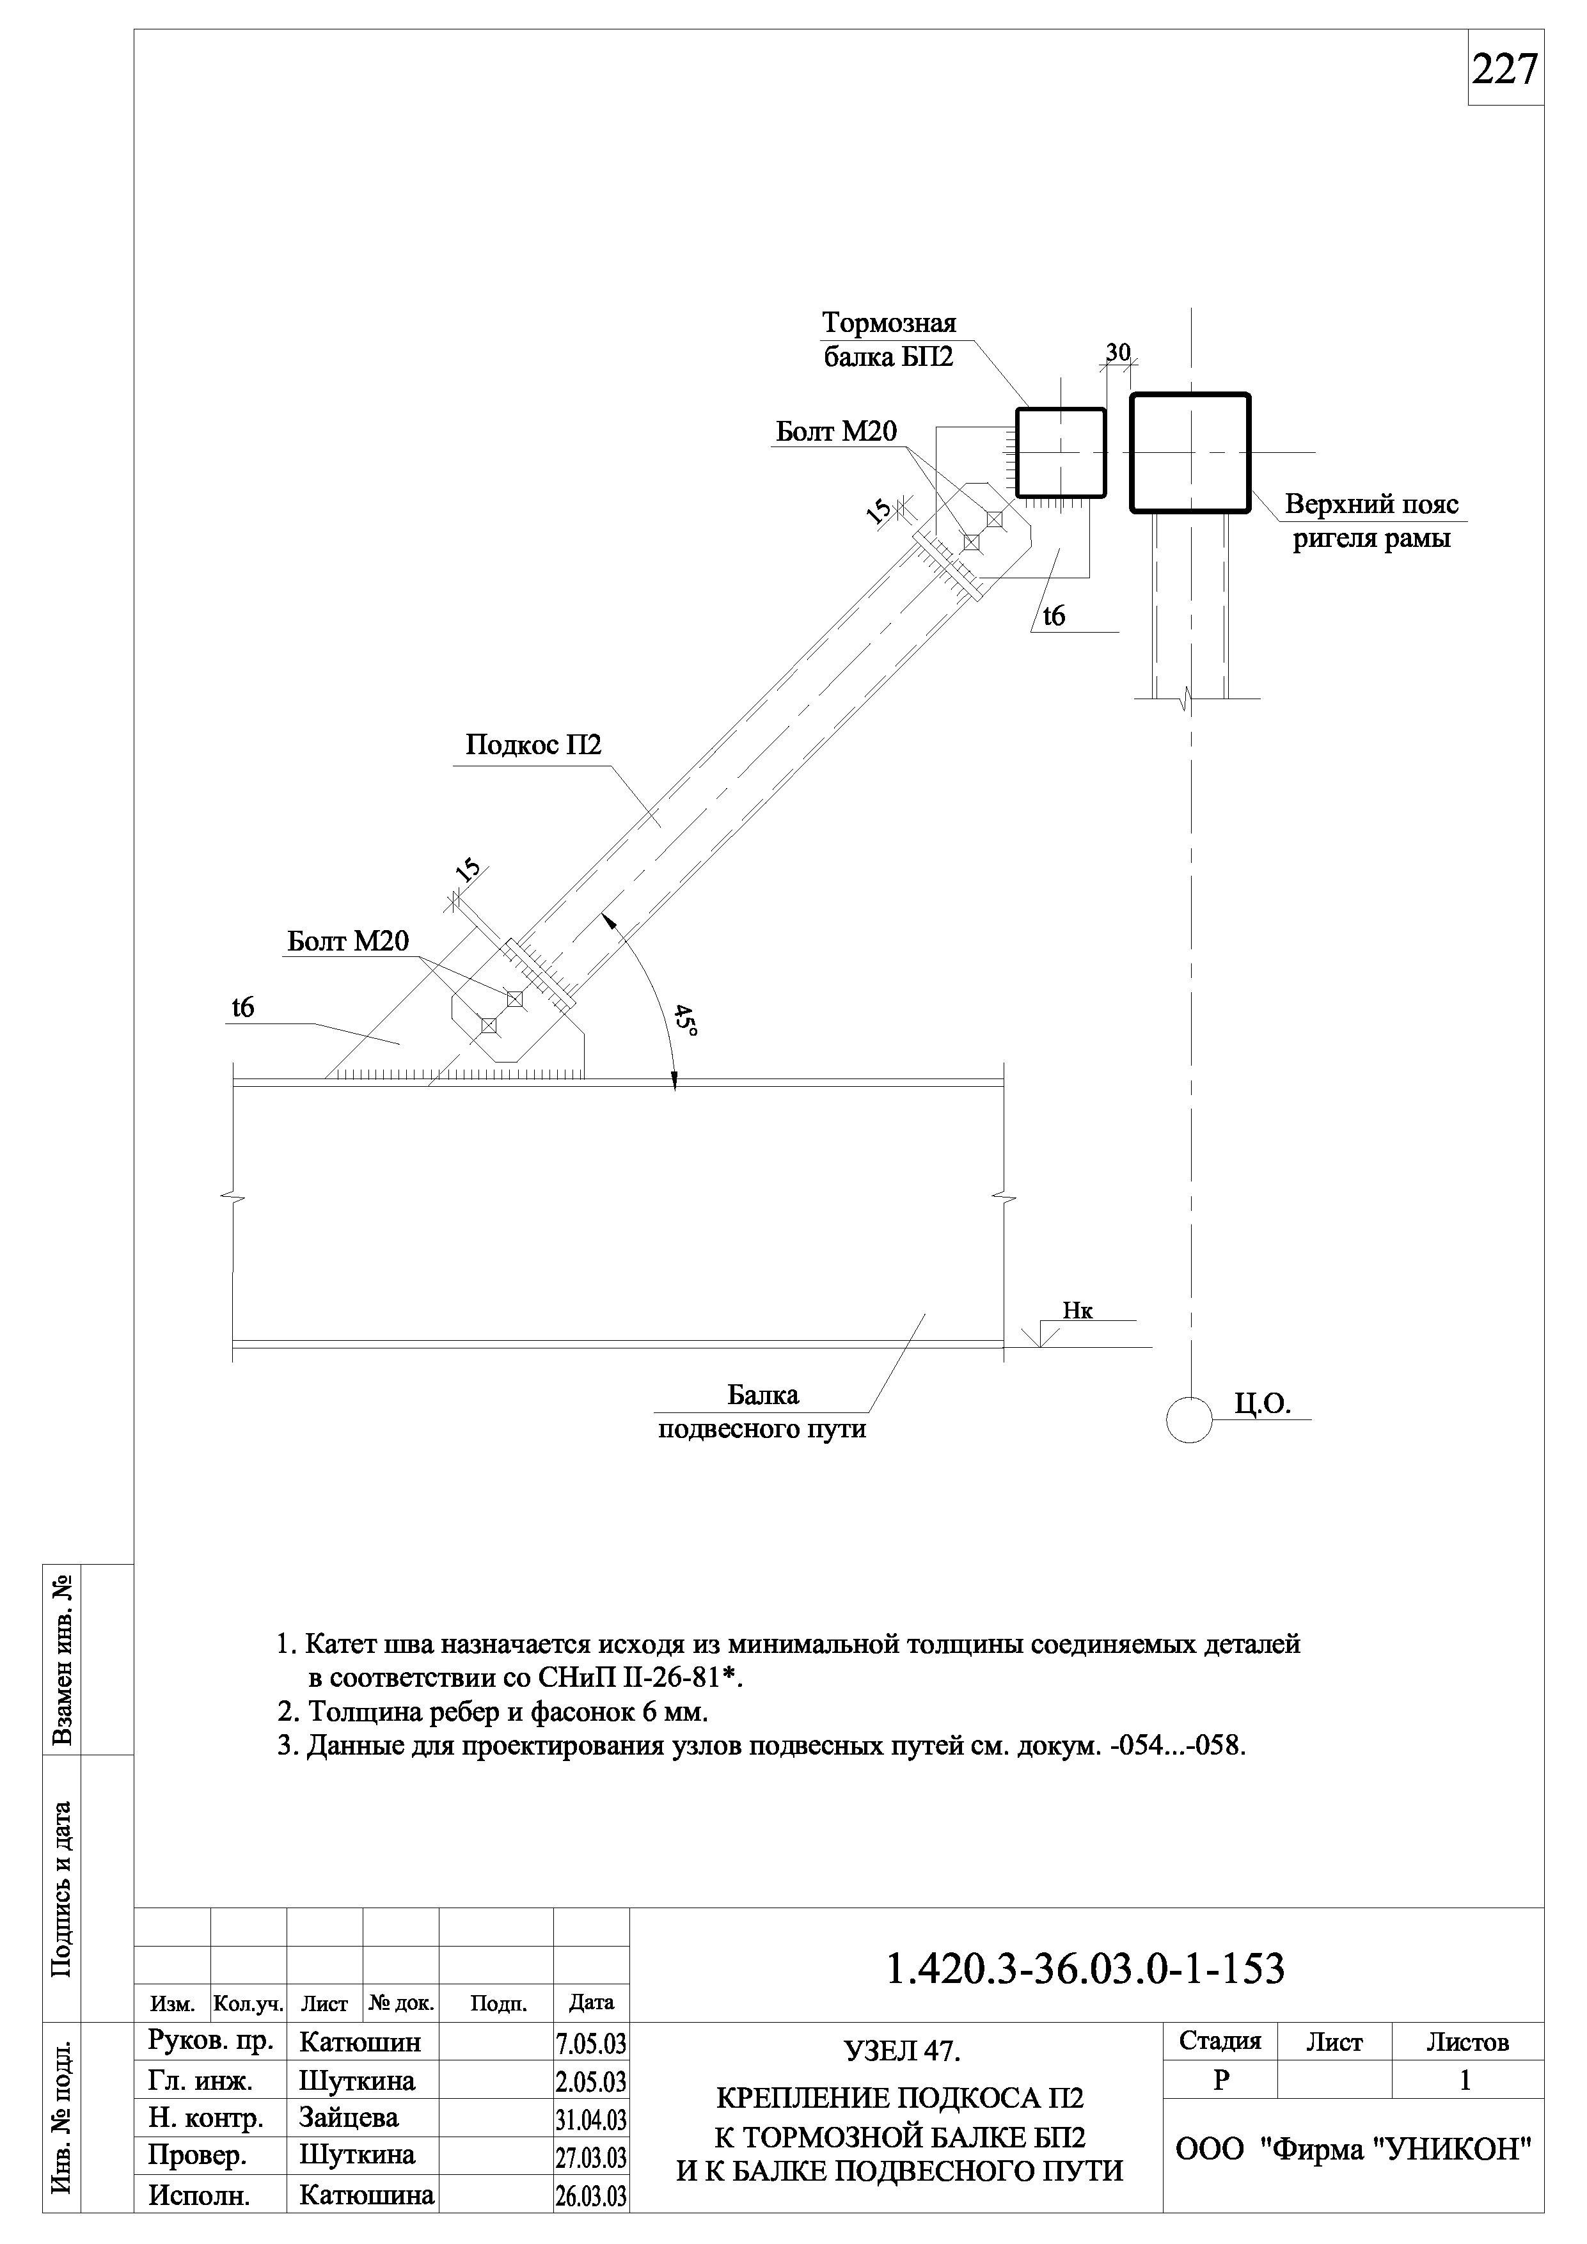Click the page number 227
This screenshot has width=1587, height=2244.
(x=1505, y=69)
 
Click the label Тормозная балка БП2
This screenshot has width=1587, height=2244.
(x=888, y=339)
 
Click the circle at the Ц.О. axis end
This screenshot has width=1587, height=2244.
(x=1189, y=1418)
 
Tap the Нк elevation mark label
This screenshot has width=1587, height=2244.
(x=1078, y=1311)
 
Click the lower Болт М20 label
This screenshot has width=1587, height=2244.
(x=348, y=941)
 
